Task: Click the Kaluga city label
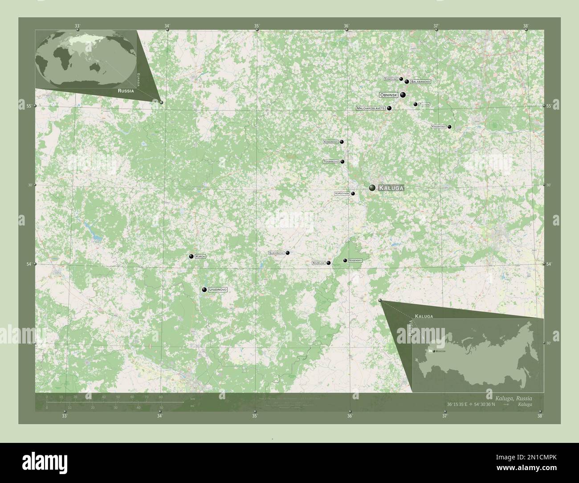coord(391,188)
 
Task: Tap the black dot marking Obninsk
coord(403,95)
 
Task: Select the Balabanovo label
coord(420,82)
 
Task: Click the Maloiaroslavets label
coord(371,108)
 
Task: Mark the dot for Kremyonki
coord(449,127)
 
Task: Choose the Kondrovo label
coord(331,142)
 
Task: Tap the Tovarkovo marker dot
coord(342,162)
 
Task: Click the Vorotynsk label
coord(342,194)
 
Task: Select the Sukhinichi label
coord(276,253)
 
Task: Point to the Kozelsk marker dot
coord(329,263)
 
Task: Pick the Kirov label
coord(200,257)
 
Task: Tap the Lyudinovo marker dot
coord(204,290)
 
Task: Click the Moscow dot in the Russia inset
coord(433,351)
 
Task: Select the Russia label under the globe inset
coord(126,90)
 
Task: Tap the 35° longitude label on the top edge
coord(257,26)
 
